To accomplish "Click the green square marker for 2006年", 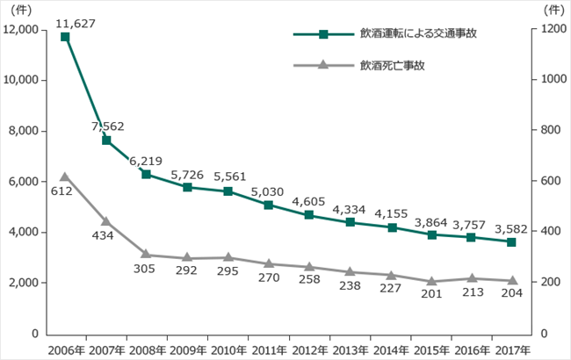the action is tap(65, 37).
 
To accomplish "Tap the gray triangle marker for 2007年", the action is tap(106, 221).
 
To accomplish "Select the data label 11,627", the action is tap(76, 24).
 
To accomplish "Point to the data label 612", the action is tap(61, 191).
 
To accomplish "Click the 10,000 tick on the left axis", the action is tap(21, 80).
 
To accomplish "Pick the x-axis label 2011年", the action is tap(269, 350).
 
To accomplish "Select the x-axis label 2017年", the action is tap(513, 350).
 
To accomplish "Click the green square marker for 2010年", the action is tap(228, 191).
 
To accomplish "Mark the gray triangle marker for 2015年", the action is tap(432, 281).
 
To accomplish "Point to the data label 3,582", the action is tap(511, 229).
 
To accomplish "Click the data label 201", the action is tap(431, 294).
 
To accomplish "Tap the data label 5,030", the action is tap(267, 191).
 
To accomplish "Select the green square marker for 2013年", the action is tap(351, 222).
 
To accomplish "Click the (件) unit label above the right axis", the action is tap(554, 11).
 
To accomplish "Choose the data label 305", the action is tap(144, 269).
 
